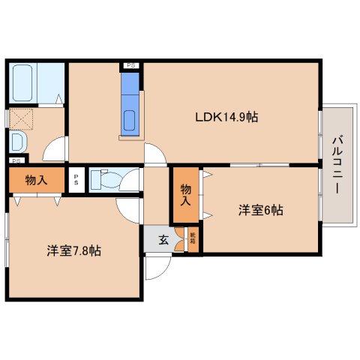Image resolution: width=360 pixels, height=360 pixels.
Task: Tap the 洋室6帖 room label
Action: (261, 211)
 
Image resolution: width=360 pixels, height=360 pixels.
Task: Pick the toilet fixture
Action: (103, 179)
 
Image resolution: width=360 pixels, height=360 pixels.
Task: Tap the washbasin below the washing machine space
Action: (17, 142)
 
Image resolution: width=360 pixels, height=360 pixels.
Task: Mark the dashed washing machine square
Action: (20, 118)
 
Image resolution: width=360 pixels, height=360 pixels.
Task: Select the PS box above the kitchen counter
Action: (130, 65)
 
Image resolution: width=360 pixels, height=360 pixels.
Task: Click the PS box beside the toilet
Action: (76, 179)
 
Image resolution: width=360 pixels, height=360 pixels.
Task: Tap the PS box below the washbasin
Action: (15, 160)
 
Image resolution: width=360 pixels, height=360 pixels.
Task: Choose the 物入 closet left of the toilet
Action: (34, 180)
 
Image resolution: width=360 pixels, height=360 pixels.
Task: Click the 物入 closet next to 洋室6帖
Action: (184, 193)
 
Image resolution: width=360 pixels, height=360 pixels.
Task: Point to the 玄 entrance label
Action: (163, 240)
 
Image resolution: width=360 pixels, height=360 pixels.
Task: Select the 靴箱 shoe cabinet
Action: (192, 240)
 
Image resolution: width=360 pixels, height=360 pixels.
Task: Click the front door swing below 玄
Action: (158, 266)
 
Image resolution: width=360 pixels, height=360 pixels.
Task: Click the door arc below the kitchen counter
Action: (156, 154)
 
